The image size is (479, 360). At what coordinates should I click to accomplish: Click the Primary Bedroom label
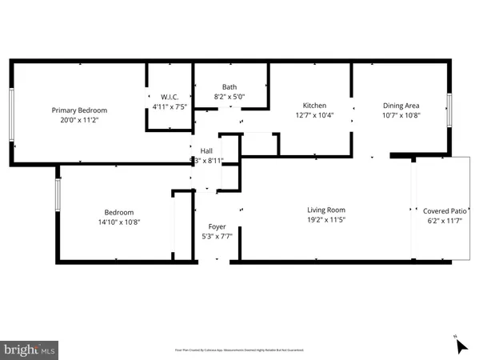coord(79,110)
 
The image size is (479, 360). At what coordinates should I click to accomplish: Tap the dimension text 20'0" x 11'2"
coord(79,119)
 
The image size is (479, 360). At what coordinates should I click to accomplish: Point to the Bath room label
coord(230,87)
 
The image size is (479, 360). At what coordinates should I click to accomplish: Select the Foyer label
coord(217,226)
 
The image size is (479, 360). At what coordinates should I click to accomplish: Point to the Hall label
coord(206,150)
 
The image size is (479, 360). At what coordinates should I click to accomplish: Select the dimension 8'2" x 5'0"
coord(230,96)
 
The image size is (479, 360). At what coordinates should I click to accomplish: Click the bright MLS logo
coord(30,349)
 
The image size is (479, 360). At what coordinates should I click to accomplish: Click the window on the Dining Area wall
coord(449,109)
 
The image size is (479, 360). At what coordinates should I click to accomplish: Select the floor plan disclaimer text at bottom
coord(239,350)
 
